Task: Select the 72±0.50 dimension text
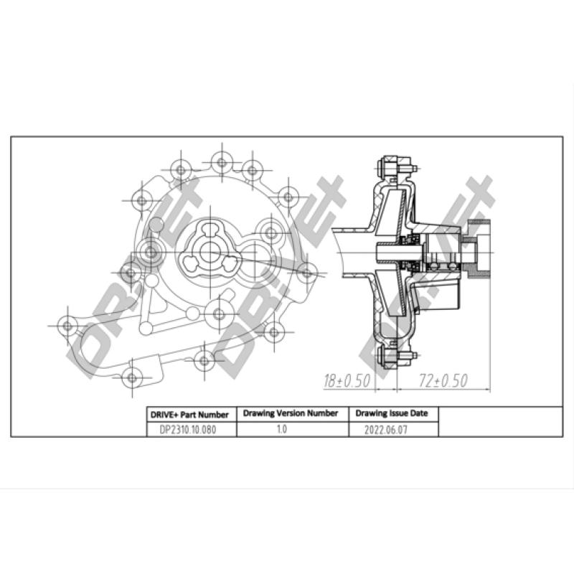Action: click(x=443, y=380)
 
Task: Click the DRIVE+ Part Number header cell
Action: click(x=189, y=415)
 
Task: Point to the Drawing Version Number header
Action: click(x=291, y=414)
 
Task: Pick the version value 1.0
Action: click(x=281, y=429)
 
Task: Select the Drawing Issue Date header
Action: click(x=392, y=414)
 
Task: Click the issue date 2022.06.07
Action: click(x=392, y=429)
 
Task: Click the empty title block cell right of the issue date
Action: click(x=500, y=422)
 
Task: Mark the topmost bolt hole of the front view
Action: click(x=222, y=162)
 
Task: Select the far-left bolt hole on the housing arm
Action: click(x=67, y=326)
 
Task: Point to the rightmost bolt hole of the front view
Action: click(x=306, y=271)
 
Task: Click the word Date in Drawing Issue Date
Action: click(x=418, y=414)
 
